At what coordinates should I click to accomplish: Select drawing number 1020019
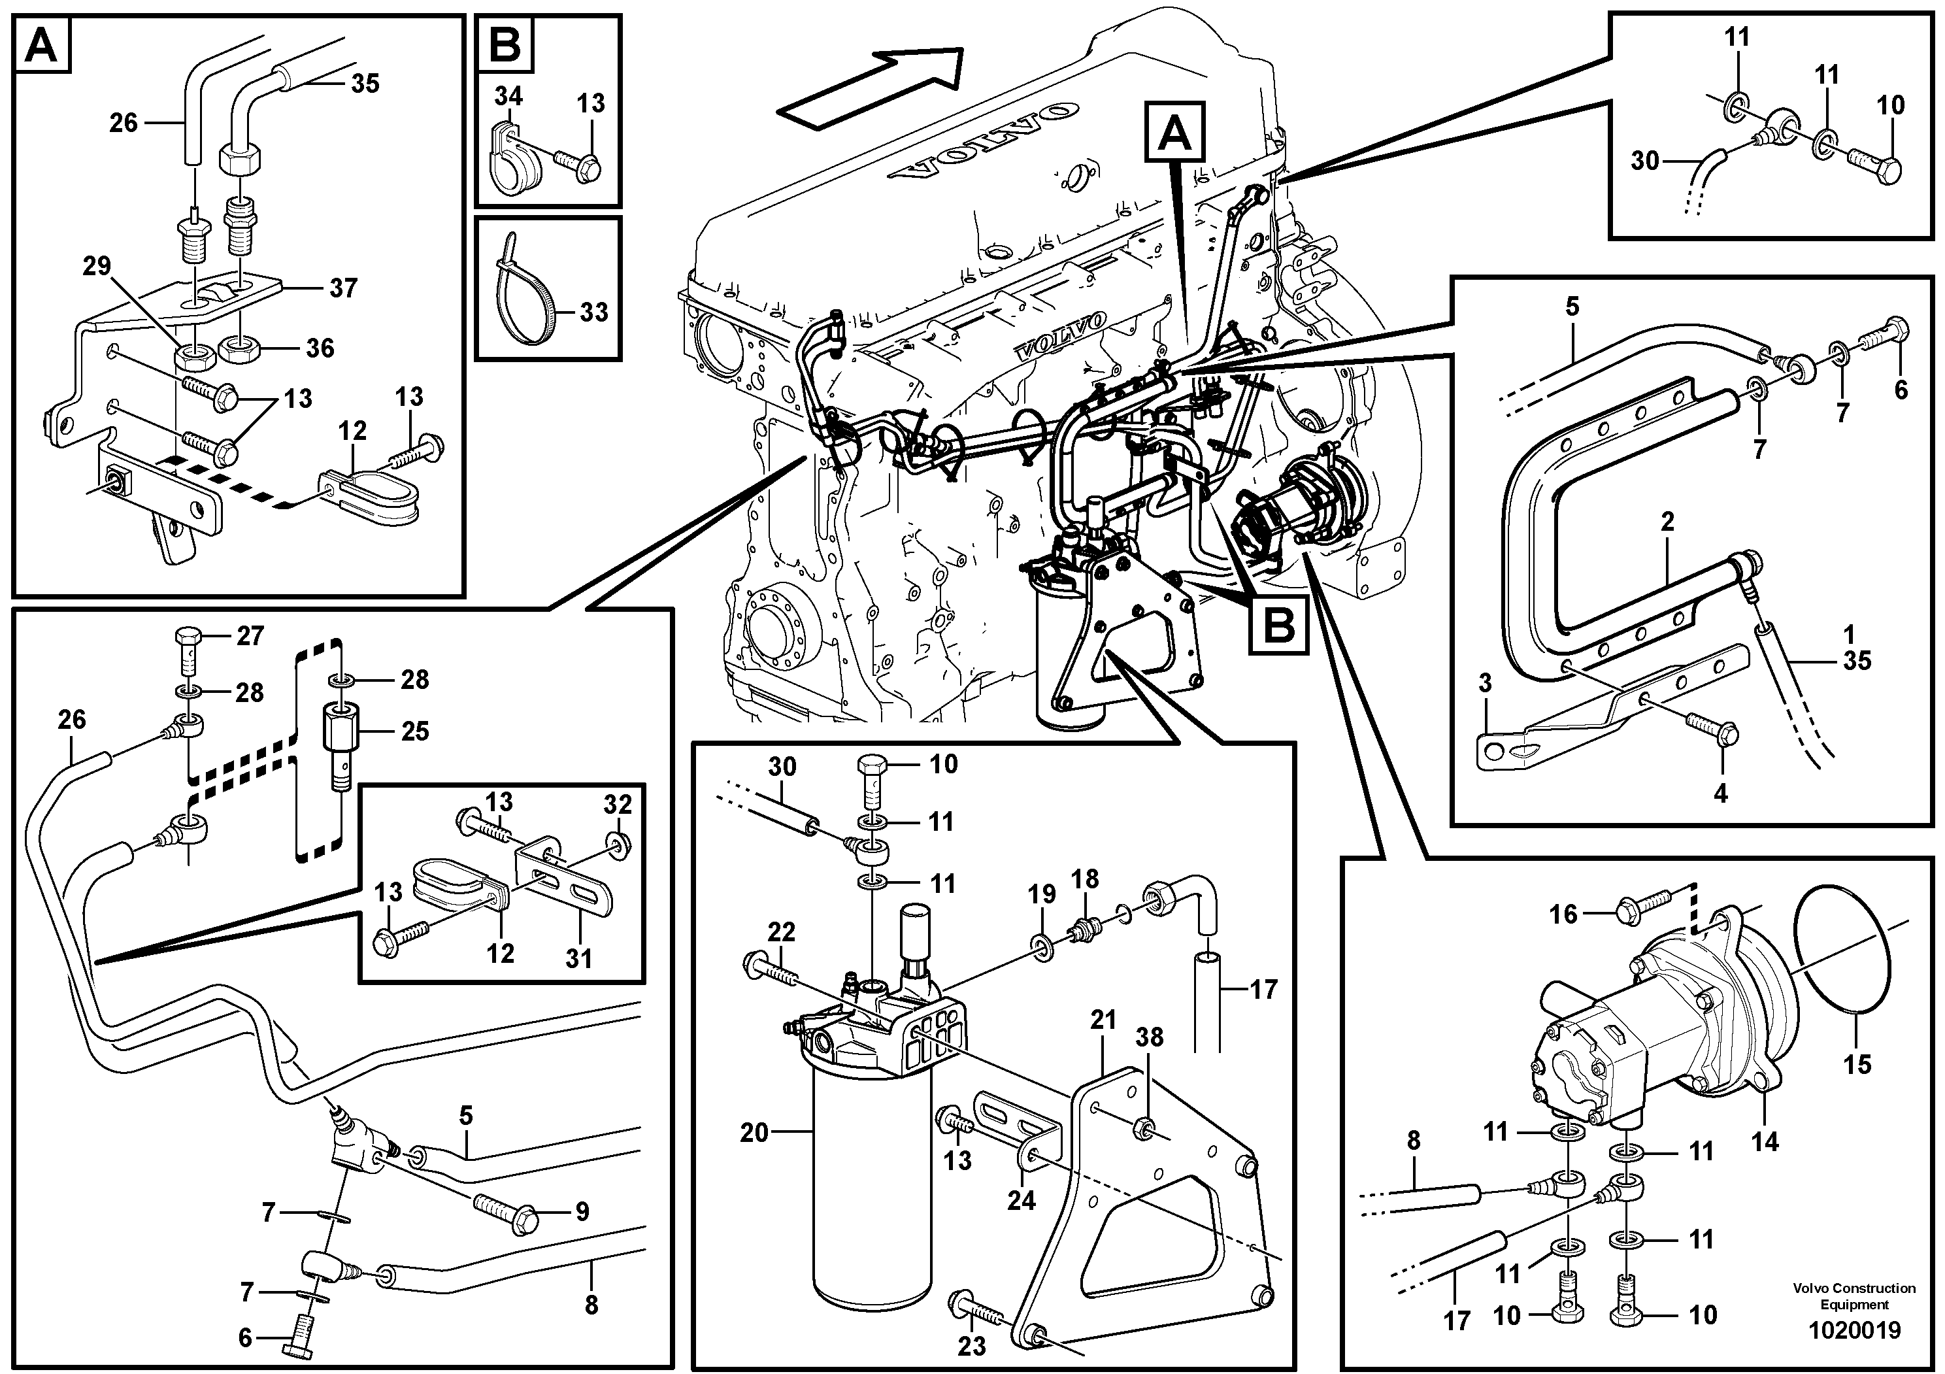pyautogui.click(x=1854, y=1331)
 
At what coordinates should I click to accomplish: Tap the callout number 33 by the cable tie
pyautogui.click(x=593, y=312)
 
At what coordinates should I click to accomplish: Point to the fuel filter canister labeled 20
pyautogui.click(x=870, y=1186)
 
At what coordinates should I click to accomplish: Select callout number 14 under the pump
pyautogui.click(x=1765, y=1142)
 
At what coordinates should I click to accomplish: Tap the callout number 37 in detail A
pyautogui.click(x=343, y=288)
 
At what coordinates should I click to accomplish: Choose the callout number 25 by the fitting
pyautogui.click(x=414, y=731)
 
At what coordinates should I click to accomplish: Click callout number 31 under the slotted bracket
pyautogui.click(x=578, y=958)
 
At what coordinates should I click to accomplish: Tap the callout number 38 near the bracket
pyautogui.click(x=1149, y=1037)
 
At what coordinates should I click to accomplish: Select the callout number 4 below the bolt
pyautogui.click(x=1721, y=793)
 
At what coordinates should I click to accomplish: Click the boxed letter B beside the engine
pyautogui.click(x=1279, y=626)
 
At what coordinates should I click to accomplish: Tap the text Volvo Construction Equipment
pyautogui.click(x=1854, y=1296)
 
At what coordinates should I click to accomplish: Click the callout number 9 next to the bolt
pyautogui.click(x=582, y=1211)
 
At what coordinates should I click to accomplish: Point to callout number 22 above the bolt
pyautogui.click(x=781, y=932)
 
